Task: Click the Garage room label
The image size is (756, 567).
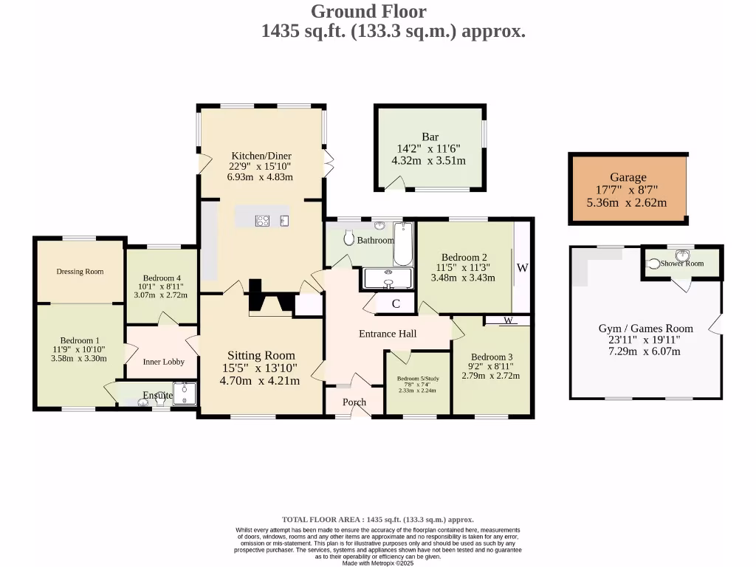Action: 628,177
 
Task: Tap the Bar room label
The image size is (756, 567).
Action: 430,137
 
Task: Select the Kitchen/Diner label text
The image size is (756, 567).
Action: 261,155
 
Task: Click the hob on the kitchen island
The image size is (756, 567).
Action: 262,221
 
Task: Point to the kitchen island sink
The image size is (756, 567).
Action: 284,221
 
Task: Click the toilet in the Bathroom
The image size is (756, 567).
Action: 349,237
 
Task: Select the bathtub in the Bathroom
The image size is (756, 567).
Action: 403,244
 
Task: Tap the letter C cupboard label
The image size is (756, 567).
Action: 396,303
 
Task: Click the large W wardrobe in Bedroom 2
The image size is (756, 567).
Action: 522,267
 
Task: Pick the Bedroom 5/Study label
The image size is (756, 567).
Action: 418,379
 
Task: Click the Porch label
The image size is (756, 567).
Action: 354,402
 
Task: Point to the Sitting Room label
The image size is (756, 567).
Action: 261,355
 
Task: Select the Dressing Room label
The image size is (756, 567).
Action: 80,272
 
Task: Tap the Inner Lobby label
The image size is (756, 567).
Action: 163,362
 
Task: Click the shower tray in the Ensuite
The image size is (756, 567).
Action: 185,394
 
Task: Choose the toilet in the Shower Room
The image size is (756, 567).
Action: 653,264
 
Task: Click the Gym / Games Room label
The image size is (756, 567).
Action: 645,329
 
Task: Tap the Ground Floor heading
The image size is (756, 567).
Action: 369,11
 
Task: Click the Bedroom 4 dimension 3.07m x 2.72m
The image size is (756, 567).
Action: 160,295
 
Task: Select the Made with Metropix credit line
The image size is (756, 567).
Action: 378,563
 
